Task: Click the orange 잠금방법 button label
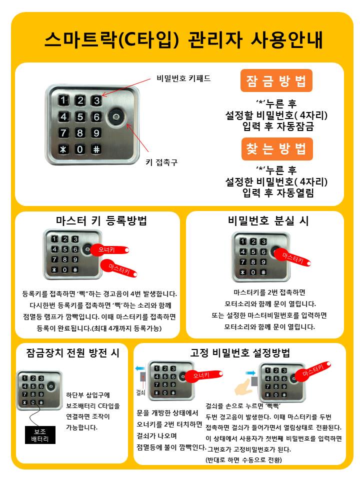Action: (x=276, y=81)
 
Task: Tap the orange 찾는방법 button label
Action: (x=276, y=149)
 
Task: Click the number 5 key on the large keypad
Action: (x=80, y=116)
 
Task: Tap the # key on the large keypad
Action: (x=96, y=149)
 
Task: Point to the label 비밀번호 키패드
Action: (x=183, y=78)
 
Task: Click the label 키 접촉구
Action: (x=161, y=162)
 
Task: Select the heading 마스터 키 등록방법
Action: (x=101, y=220)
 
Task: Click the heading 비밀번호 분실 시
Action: (x=268, y=220)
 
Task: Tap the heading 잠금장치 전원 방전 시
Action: (x=72, y=352)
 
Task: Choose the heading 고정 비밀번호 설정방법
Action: (x=240, y=352)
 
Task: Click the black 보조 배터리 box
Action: (x=40, y=435)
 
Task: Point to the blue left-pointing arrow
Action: (x=140, y=368)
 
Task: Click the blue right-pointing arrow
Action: (x=250, y=373)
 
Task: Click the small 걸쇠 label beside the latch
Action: (x=140, y=392)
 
